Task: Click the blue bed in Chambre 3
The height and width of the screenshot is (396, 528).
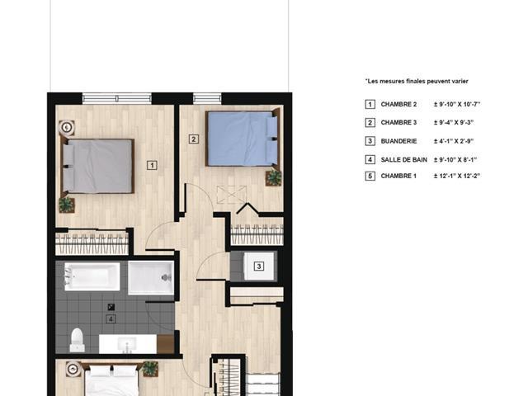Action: click(x=243, y=139)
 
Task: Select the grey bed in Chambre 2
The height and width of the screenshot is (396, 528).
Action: click(x=97, y=166)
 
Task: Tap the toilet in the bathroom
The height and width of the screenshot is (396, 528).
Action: click(x=77, y=340)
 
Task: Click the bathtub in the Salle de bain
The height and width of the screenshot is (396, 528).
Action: click(x=92, y=276)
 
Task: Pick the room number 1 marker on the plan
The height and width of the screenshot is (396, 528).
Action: click(x=152, y=165)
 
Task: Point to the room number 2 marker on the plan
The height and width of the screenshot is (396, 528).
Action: click(x=193, y=139)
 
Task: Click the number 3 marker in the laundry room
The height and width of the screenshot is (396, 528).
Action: click(x=258, y=266)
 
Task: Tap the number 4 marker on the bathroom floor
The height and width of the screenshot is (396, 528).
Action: click(x=111, y=319)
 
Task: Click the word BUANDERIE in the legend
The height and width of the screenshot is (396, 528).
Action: click(x=398, y=141)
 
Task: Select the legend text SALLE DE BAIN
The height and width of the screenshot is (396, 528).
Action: click(x=403, y=159)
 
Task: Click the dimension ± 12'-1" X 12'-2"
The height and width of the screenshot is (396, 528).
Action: click(x=456, y=176)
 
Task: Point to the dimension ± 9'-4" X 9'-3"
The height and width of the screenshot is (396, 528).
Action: click(x=454, y=123)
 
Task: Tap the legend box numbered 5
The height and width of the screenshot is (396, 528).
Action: click(x=370, y=176)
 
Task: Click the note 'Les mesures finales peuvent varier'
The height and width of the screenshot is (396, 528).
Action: click(x=417, y=81)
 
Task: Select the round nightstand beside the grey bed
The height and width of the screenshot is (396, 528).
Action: click(x=67, y=127)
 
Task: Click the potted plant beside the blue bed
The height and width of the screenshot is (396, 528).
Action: click(x=273, y=178)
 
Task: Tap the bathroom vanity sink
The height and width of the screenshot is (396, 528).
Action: click(x=127, y=345)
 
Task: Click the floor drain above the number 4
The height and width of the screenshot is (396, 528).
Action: click(x=111, y=307)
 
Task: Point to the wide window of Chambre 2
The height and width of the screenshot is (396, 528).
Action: click(x=117, y=98)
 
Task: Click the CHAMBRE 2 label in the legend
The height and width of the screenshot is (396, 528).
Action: click(x=398, y=105)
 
